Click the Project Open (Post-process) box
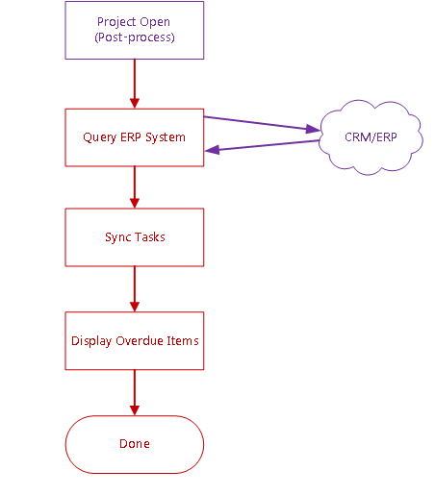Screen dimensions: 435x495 pos(135,30)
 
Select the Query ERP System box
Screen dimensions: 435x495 pos(135,137)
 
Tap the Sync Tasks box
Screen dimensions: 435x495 pos(135,237)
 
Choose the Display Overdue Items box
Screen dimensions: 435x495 pos(135,340)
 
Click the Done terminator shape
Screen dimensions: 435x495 pos(135,444)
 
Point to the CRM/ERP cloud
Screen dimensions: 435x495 pos(371,137)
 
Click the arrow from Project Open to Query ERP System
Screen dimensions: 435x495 pos(135,84)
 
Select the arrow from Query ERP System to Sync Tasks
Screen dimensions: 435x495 pos(135,187)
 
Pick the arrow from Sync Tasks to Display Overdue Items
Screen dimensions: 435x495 pos(135,289)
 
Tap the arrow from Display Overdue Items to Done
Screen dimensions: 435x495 pos(135,392)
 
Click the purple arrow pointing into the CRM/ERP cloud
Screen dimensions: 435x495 pos(262,123)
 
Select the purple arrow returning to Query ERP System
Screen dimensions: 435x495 pos(262,145)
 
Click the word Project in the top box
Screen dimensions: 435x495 pos(116,22)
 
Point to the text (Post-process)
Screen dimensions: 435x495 pos(135,37)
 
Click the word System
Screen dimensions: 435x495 pos(166,137)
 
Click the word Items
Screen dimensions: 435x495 pos(183,340)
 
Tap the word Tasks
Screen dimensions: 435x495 pos(149,237)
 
